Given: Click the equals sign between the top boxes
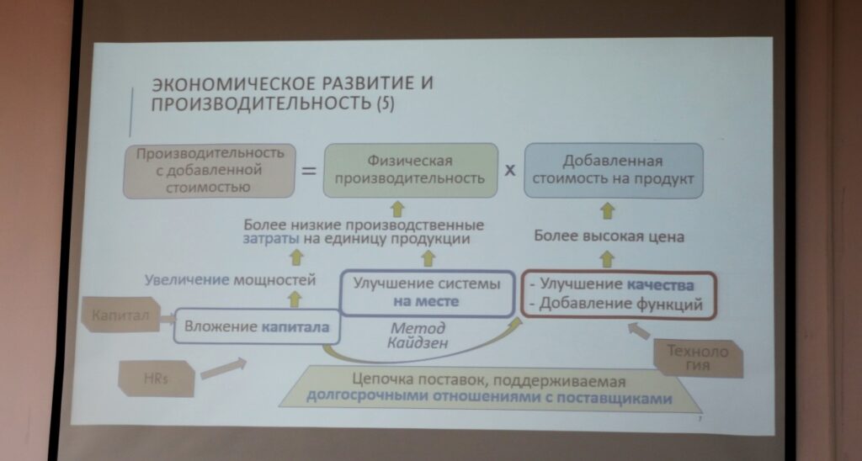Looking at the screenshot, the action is [309, 171].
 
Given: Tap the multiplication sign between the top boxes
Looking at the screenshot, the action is [510, 170].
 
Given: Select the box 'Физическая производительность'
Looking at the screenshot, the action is [410, 170].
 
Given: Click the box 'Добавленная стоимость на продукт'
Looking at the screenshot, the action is [614, 170].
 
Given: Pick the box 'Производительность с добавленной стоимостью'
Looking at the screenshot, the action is [209, 170].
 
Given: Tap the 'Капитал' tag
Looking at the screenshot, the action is [120, 315].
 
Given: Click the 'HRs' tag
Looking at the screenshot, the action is [156, 378].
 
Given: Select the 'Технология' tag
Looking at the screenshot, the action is [698, 358].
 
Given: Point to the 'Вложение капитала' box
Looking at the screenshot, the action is [257, 327].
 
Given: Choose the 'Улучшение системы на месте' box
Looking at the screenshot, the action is [428, 293].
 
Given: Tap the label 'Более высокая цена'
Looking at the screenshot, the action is [609, 237].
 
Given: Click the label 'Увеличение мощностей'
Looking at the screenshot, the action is [231, 280].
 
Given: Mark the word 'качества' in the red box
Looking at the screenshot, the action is [660, 284].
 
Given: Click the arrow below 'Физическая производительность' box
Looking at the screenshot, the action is [397, 209].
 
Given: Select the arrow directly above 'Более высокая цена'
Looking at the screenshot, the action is [606, 210].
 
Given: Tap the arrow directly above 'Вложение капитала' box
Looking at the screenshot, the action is [295, 299].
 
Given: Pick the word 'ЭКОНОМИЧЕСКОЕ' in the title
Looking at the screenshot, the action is [233, 83].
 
